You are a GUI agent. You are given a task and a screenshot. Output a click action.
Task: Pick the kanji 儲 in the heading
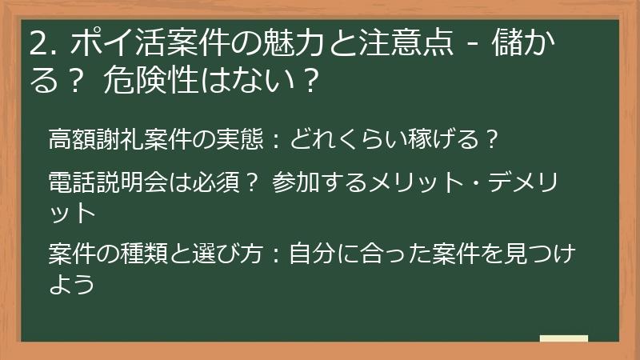point(514,44)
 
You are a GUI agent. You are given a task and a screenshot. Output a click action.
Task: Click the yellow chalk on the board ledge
point(563,339)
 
